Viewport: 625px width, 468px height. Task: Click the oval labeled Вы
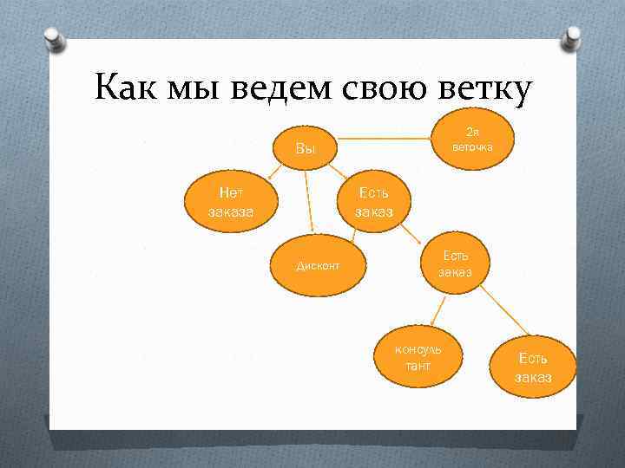pyautogui.click(x=306, y=149)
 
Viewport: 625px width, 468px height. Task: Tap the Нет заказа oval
pyautogui.click(x=230, y=203)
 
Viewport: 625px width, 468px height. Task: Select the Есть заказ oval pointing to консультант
pyautogui.click(x=454, y=263)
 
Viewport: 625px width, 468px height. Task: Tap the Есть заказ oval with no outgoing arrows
pyautogui.click(x=532, y=367)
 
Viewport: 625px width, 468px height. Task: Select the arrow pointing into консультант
pyautogui.click(x=439, y=309)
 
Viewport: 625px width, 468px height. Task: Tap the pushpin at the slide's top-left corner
pyautogui.click(x=54, y=38)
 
